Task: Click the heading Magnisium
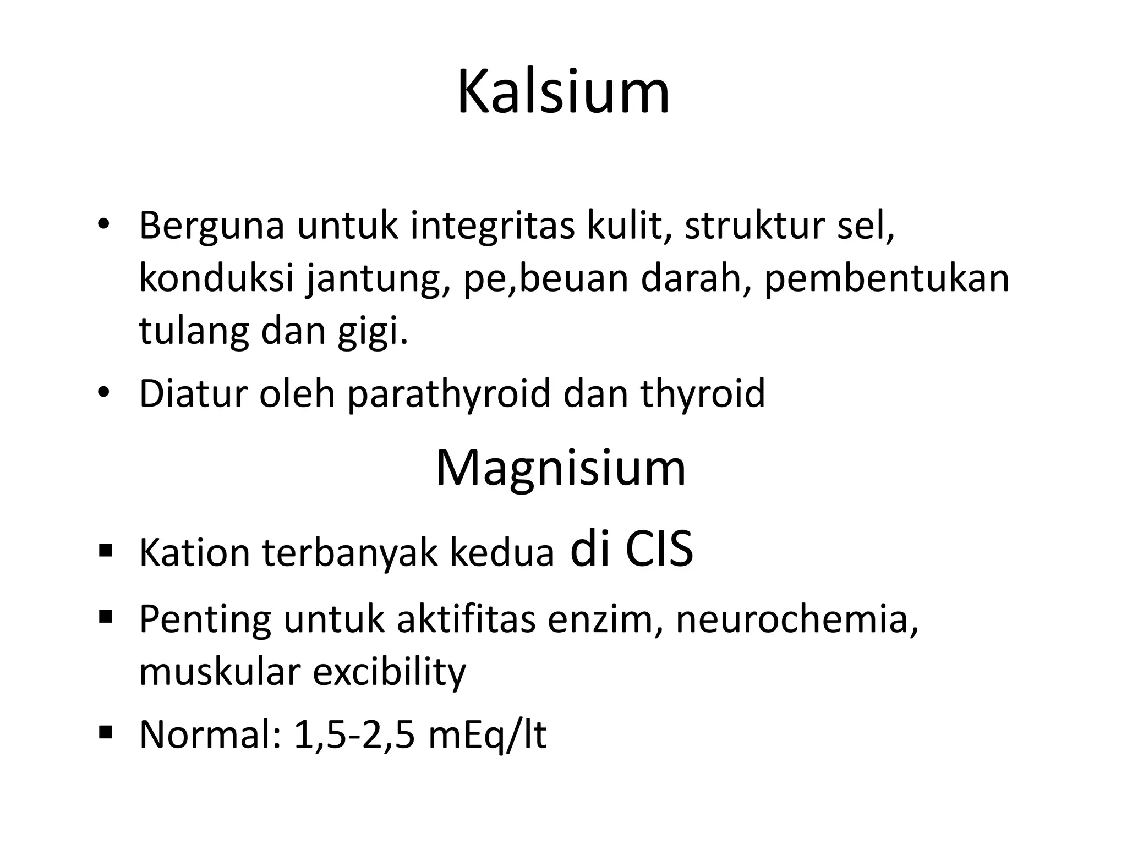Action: (561, 468)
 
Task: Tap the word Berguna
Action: (212, 226)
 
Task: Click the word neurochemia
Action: (797, 619)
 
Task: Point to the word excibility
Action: (389, 672)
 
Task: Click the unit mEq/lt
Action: (487, 736)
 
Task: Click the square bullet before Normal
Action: (106, 732)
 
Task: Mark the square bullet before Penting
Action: (106, 616)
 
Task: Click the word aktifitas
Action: (466, 619)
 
